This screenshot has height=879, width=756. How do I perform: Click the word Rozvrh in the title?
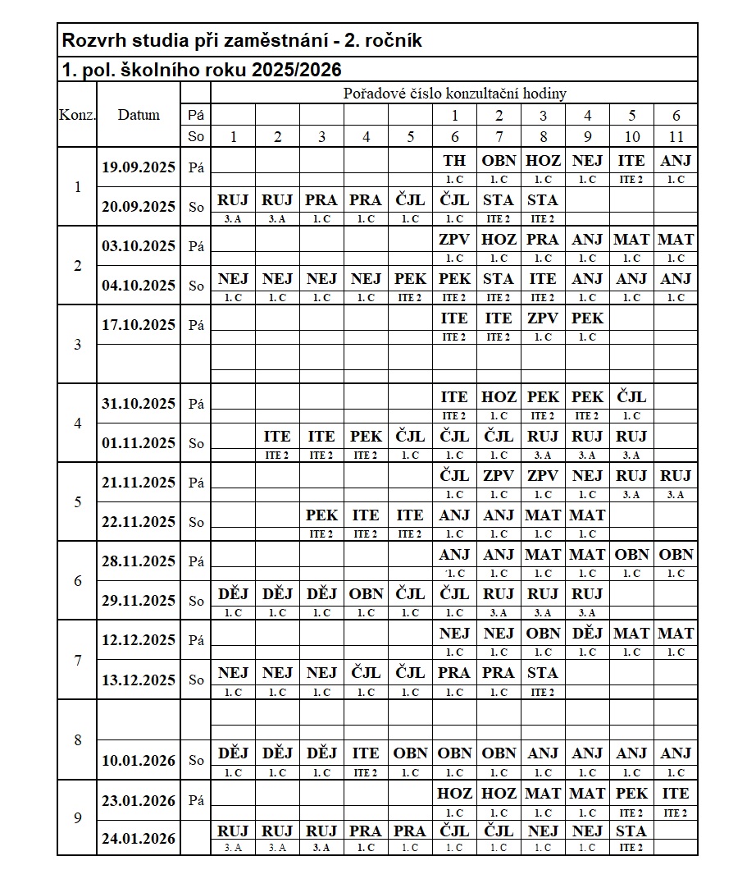point(91,40)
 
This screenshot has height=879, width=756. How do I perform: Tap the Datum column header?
point(139,115)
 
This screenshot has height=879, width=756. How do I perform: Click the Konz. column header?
point(77,115)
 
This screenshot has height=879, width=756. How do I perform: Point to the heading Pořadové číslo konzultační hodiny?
point(454,94)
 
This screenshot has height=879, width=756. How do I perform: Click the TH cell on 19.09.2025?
point(454,161)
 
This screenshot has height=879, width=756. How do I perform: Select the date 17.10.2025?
point(139,325)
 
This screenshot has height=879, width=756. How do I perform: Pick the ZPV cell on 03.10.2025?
point(454,240)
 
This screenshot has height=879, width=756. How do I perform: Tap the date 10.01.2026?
point(139,761)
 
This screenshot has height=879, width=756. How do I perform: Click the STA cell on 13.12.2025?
point(543,673)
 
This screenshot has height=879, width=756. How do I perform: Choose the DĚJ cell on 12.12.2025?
point(587,634)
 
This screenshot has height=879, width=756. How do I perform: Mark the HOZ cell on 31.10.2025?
point(499,397)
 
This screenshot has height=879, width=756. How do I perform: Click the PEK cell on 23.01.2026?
point(631,794)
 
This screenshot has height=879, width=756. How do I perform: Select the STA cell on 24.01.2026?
point(631,831)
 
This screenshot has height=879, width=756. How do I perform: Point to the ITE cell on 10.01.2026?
point(366,753)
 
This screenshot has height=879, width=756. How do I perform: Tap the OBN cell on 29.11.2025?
point(366,594)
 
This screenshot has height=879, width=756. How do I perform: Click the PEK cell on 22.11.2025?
point(321,515)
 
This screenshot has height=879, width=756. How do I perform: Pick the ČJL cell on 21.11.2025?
point(454,476)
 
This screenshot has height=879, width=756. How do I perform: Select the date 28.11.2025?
point(139,561)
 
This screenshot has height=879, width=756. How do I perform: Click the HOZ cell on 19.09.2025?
point(543,161)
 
